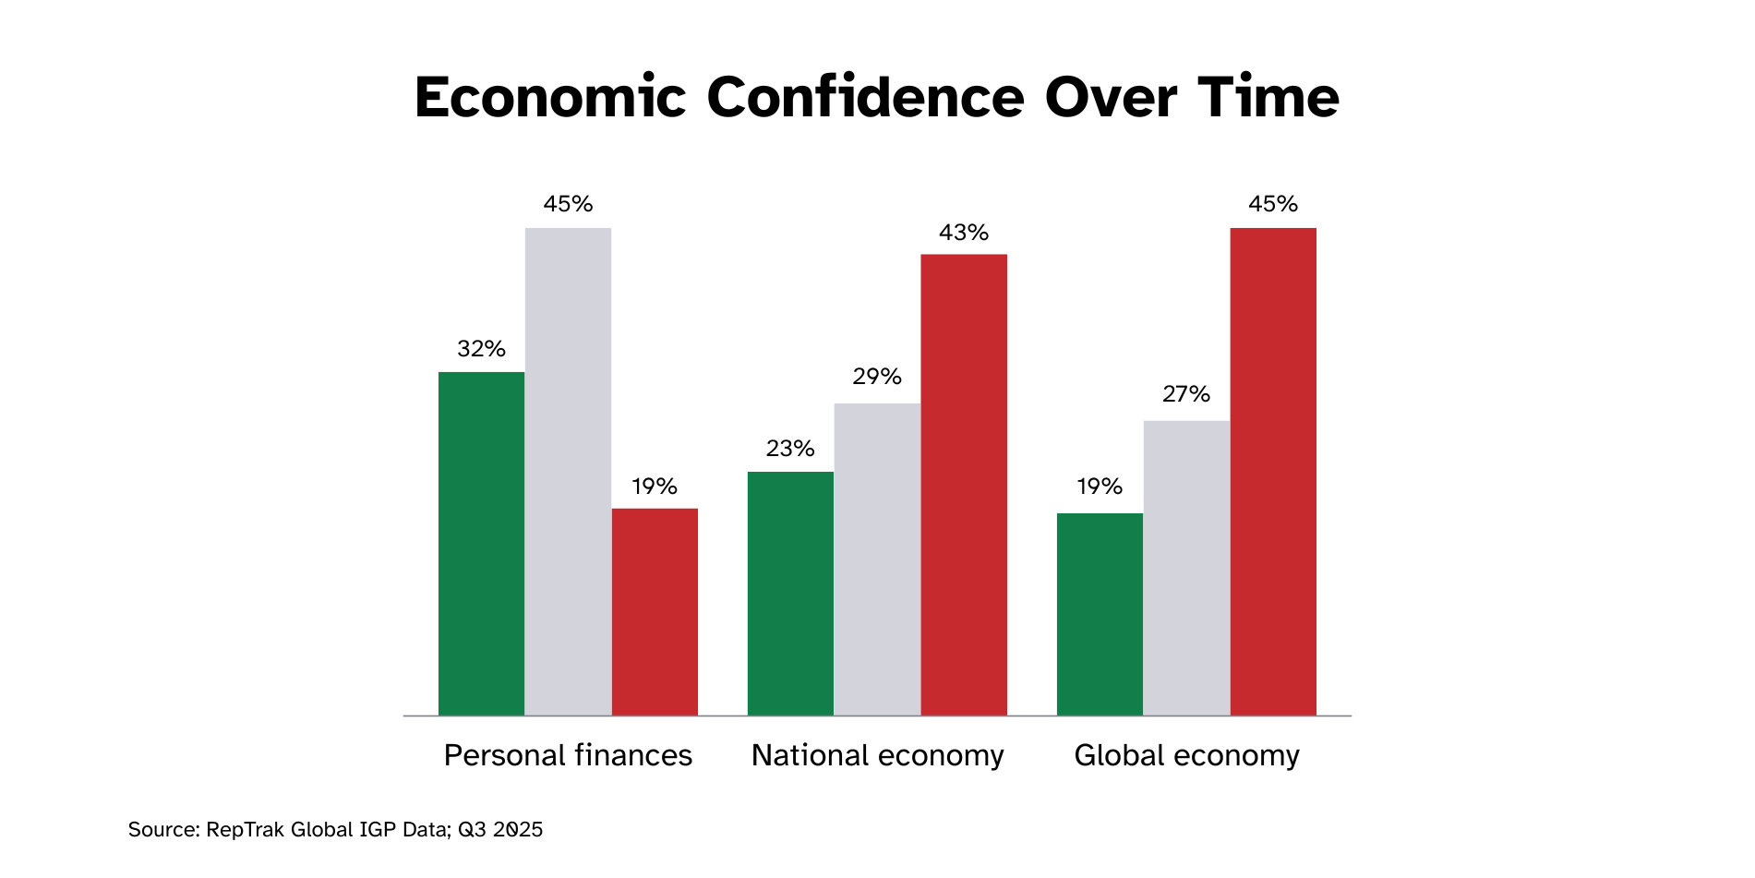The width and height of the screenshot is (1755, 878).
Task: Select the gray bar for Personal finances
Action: click(568, 471)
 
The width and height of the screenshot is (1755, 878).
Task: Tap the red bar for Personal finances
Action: click(655, 611)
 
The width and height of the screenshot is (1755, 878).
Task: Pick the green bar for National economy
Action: click(790, 593)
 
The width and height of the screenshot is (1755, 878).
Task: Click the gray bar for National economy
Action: click(877, 559)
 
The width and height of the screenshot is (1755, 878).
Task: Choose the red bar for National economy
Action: click(964, 484)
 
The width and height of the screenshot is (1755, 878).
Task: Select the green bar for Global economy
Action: click(1100, 614)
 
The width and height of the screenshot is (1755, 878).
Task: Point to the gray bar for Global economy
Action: click(1186, 568)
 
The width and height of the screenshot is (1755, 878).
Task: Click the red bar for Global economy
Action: click(1273, 471)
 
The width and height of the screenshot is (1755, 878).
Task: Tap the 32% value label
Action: click(481, 349)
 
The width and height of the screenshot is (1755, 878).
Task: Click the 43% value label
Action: click(964, 233)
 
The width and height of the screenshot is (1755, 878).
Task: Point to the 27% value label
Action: click(1186, 394)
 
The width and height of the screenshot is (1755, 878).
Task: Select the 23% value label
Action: click(790, 449)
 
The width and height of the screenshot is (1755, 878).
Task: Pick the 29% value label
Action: click(877, 377)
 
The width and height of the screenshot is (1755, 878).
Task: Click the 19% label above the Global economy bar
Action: click(1100, 487)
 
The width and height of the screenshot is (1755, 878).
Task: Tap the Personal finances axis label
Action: click(568, 755)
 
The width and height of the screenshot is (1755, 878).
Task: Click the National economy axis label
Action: click(877, 755)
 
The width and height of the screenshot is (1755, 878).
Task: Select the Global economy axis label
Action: click(1186, 755)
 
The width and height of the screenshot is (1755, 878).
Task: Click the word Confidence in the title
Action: click(865, 97)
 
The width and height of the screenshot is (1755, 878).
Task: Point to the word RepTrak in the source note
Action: click(245, 829)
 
